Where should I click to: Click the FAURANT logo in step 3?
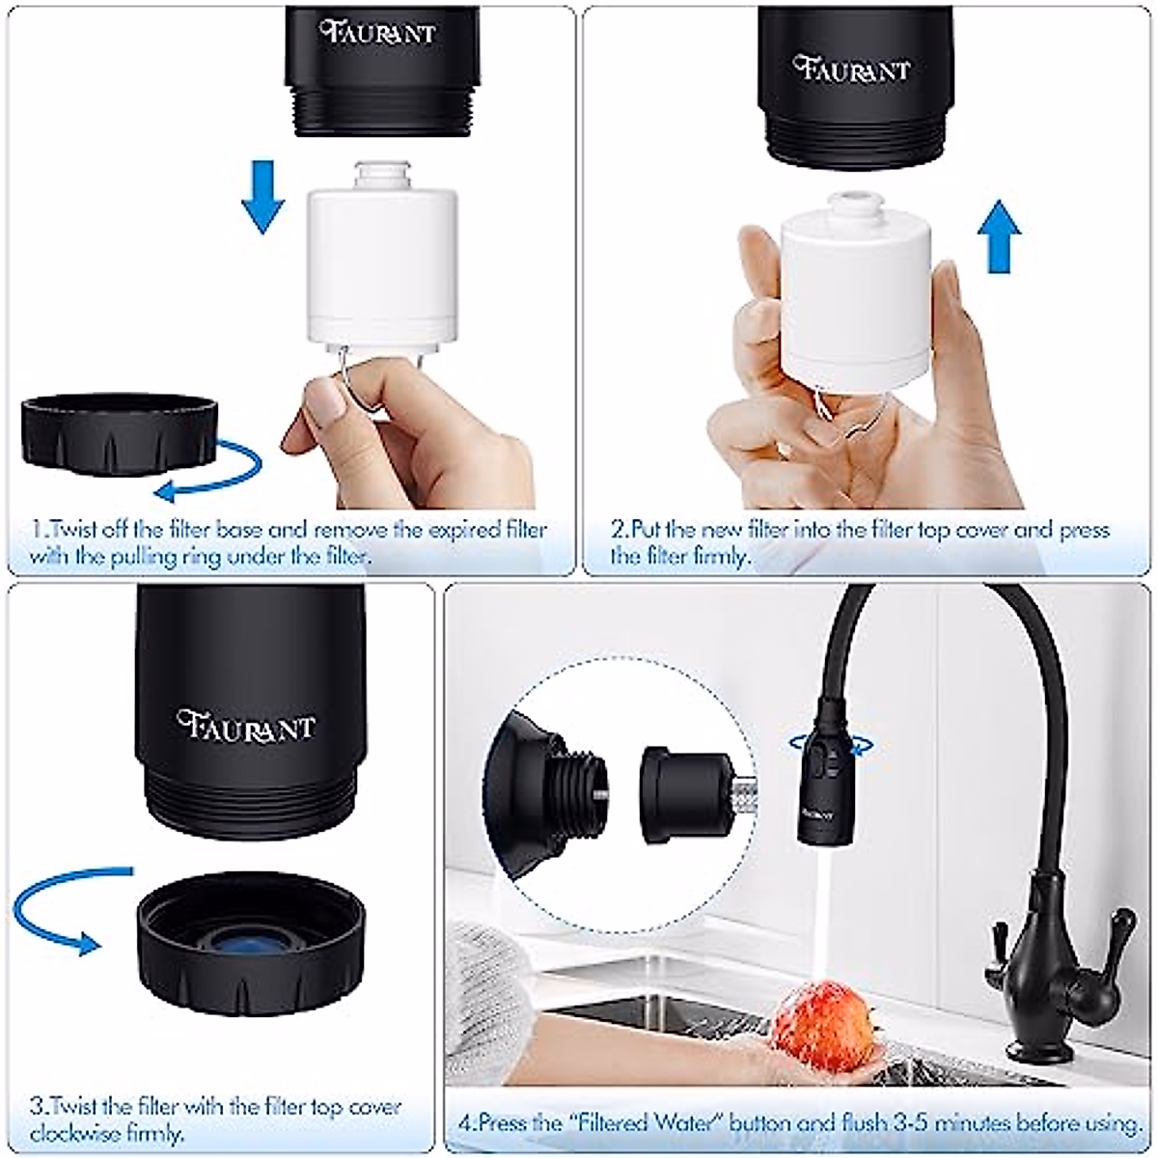(246, 723)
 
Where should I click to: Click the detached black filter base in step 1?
(119, 434)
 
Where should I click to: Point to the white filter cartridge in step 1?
(374, 261)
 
